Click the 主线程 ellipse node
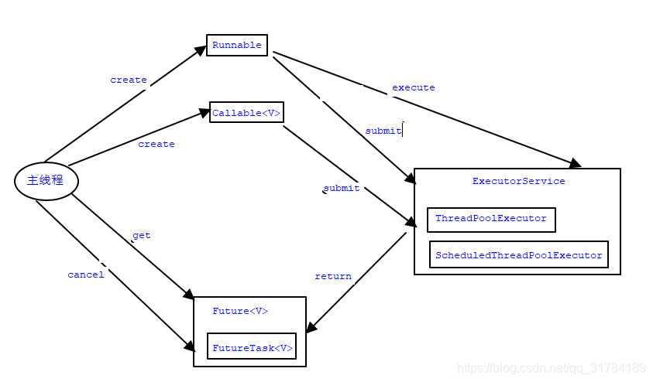(x=46, y=181)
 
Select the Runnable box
(x=237, y=45)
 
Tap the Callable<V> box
(x=246, y=113)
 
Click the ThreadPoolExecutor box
(x=491, y=219)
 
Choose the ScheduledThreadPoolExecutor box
(x=519, y=254)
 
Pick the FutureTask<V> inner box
(x=253, y=348)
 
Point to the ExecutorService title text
(x=518, y=181)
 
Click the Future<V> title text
(x=240, y=311)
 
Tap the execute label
(x=413, y=87)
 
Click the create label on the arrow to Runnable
(x=128, y=80)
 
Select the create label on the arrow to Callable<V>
(x=156, y=144)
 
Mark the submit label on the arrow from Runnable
(x=383, y=131)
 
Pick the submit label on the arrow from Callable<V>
(x=341, y=188)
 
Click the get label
(x=141, y=235)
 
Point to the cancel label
(x=85, y=275)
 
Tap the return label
(x=333, y=276)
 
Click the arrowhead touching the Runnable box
(x=200, y=52)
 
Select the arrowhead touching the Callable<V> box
(x=204, y=114)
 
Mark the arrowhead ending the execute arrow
(x=574, y=163)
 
